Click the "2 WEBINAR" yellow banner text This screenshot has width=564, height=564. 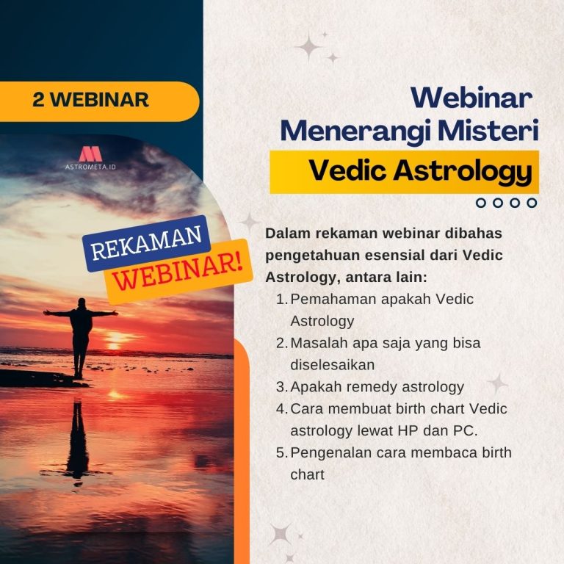(90, 100)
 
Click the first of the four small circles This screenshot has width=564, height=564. (481, 203)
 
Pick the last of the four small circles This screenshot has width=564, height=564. (532, 203)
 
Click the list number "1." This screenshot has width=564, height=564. (282, 300)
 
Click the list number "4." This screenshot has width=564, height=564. (282, 408)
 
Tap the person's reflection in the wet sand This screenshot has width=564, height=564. (77, 441)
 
